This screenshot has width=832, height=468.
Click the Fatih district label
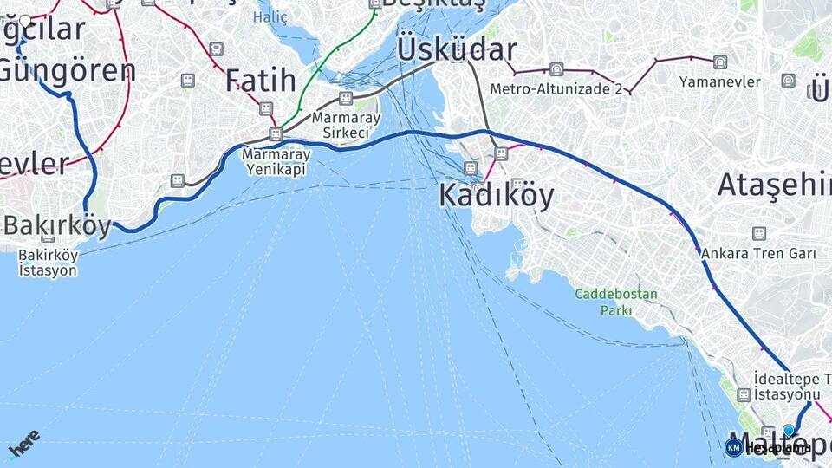tap(261, 81)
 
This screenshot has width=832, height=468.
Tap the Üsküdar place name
tap(457, 49)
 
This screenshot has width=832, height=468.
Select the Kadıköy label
tap(496, 195)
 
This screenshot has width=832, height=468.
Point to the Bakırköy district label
tap(57, 226)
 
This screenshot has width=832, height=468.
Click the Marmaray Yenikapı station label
tap(276, 160)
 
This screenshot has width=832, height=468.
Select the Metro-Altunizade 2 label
tap(556, 88)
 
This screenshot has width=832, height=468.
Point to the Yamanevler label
tap(720, 81)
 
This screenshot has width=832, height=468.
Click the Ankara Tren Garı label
tap(759, 254)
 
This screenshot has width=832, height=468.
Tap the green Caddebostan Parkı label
tap(615, 302)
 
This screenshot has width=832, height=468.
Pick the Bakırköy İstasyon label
tap(48, 262)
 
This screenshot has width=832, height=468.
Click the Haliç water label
tap(270, 16)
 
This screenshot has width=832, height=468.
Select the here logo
tap(23, 443)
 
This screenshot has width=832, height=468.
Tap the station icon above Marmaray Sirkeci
tap(346, 99)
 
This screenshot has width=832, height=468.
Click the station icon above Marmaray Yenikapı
tap(276, 134)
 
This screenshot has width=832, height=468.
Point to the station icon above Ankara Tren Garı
tap(759, 232)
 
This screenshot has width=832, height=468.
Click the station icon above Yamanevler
tap(720, 62)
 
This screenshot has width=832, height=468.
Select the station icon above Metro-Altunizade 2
tap(556, 69)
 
